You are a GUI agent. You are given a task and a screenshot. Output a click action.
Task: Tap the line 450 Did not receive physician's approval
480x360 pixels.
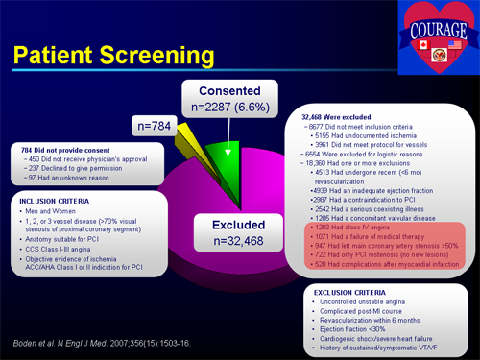click(79, 160)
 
